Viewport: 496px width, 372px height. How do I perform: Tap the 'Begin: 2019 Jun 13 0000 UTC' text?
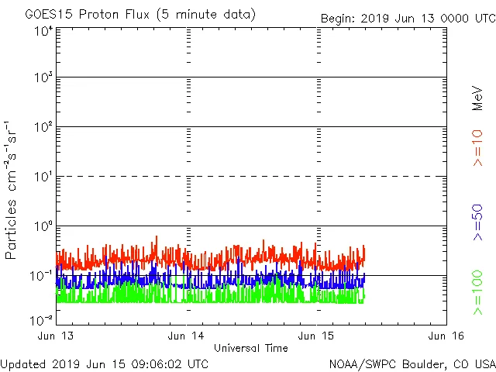coord(408,18)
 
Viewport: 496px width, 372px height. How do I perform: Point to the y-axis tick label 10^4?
coord(43,31)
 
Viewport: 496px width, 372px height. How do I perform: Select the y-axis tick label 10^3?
coord(43,77)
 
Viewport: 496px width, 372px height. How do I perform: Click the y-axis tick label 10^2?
coord(43,127)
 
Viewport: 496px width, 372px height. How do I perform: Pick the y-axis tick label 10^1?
coord(43,177)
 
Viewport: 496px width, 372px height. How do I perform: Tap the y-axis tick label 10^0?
coord(43,226)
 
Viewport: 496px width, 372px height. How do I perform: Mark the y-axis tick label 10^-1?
coord(42,276)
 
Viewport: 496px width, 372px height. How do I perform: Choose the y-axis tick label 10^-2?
coord(42,319)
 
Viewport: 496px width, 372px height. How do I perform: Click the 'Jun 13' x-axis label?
coord(57,336)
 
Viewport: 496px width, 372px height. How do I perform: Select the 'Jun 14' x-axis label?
coord(187,336)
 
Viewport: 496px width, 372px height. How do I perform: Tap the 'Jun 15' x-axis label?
coord(317,336)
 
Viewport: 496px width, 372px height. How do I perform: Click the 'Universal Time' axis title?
coord(251,348)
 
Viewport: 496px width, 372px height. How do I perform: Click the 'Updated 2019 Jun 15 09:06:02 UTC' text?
coord(105,363)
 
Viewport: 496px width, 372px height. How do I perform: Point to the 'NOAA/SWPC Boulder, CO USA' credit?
coord(412,363)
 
